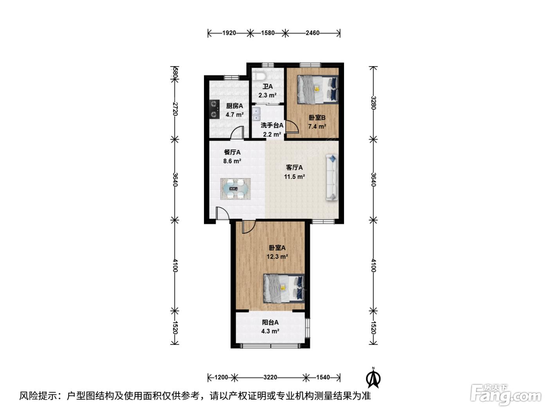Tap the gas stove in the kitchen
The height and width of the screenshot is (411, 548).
click(x=215, y=109)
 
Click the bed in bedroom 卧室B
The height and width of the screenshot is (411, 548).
click(x=317, y=89)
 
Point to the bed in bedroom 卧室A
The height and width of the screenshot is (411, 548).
click(x=284, y=288)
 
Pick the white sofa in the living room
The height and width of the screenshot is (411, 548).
click(x=332, y=177)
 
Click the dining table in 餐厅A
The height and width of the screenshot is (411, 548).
click(x=235, y=189)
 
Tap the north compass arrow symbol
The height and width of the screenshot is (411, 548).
click(x=373, y=379)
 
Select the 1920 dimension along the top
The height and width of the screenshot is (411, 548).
click(x=229, y=33)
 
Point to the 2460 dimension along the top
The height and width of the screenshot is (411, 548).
click(x=313, y=33)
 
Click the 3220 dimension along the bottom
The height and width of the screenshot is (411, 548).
click(x=270, y=377)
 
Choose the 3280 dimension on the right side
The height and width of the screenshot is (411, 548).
click(x=373, y=103)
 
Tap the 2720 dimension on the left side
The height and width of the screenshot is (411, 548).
click(x=175, y=109)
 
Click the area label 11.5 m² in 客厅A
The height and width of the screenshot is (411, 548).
click(x=294, y=177)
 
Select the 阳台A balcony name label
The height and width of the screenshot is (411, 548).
click(x=270, y=323)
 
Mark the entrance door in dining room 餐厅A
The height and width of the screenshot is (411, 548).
click(x=222, y=213)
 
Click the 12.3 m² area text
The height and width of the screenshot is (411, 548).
click(x=277, y=256)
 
